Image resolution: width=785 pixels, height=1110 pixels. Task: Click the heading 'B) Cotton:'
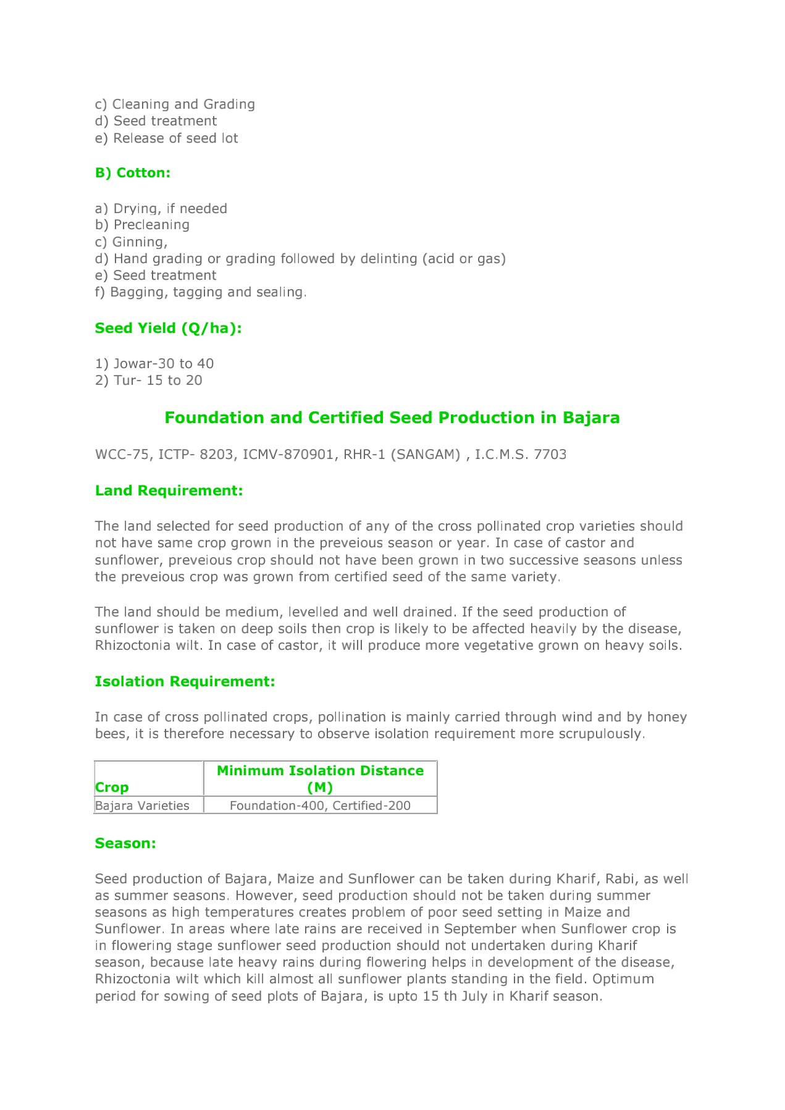pyautogui.click(x=132, y=173)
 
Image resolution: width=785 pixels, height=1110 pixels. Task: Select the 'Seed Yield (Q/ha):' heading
pyautogui.click(x=168, y=328)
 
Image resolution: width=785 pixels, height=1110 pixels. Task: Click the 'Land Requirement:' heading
pyautogui.click(x=169, y=490)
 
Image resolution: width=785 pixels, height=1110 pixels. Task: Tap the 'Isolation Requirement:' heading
pyautogui.click(x=185, y=681)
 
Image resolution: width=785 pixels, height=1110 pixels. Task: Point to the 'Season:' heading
pyautogui.click(x=125, y=843)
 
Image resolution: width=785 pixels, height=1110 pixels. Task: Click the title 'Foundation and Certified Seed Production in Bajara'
pyautogui.click(x=392, y=418)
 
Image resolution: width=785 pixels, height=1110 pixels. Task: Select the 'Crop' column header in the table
pyautogui.click(x=112, y=787)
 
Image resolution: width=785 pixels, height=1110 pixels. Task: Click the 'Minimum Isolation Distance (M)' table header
pyautogui.click(x=320, y=778)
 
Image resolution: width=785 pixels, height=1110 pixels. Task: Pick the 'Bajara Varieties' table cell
pyautogui.click(x=142, y=805)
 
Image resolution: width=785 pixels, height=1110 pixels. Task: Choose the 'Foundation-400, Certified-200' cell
pyautogui.click(x=320, y=805)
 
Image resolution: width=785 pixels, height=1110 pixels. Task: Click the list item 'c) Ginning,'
pyautogui.click(x=131, y=242)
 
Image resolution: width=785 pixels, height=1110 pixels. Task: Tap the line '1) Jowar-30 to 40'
pyautogui.click(x=154, y=363)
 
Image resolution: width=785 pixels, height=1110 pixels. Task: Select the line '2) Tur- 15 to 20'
pyautogui.click(x=148, y=380)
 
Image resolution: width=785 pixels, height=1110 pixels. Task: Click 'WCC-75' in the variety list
pyautogui.click(x=122, y=455)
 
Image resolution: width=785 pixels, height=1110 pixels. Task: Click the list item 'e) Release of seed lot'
pyautogui.click(x=166, y=138)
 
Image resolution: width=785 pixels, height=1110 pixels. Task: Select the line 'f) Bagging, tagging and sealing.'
pyautogui.click(x=201, y=292)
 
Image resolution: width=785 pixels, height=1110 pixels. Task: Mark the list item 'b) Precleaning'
pyautogui.click(x=142, y=225)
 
